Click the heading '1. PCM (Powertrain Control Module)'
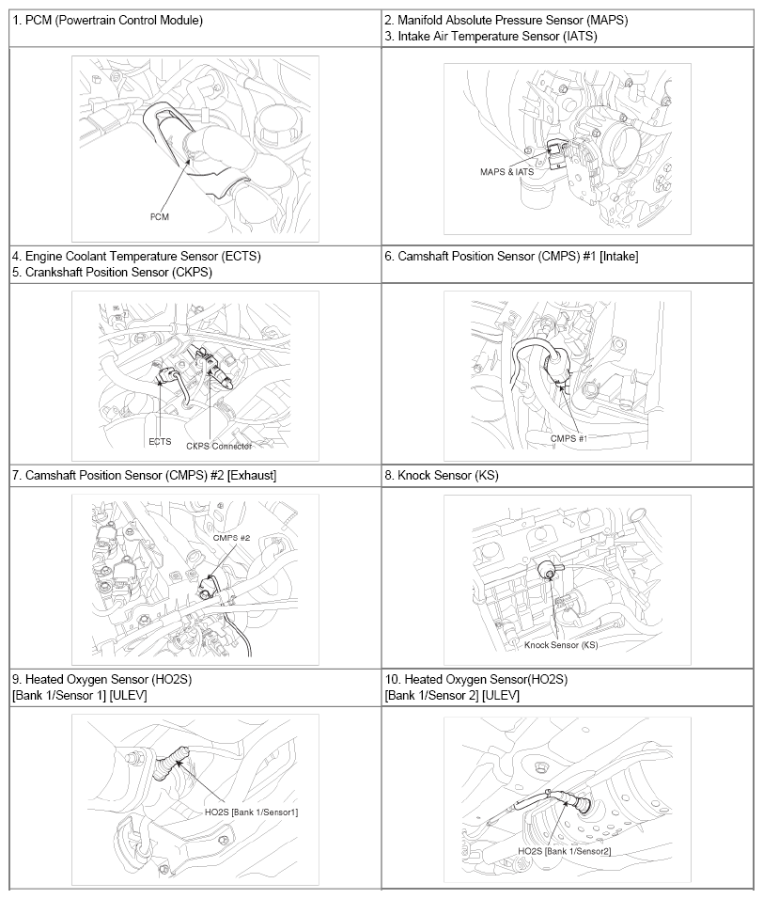point(108,21)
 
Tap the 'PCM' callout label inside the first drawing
point(159,216)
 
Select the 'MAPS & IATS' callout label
point(507,171)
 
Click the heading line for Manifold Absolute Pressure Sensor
point(506,21)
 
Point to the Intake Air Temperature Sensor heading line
point(490,37)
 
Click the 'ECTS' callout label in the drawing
point(160,441)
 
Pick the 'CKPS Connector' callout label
point(219,446)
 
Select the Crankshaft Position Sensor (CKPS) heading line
point(112,273)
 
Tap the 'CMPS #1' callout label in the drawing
point(568,438)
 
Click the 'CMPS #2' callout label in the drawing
point(231,538)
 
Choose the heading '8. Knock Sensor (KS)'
point(442,475)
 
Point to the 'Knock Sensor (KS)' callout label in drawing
point(561,645)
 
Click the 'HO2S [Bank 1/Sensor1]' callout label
point(252,812)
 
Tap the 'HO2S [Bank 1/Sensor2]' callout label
point(564,851)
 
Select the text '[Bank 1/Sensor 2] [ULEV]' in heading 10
point(452,696)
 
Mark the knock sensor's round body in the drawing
point(547,570)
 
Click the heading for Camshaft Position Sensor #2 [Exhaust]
point(145,475)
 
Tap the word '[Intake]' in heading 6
point(618,257)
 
